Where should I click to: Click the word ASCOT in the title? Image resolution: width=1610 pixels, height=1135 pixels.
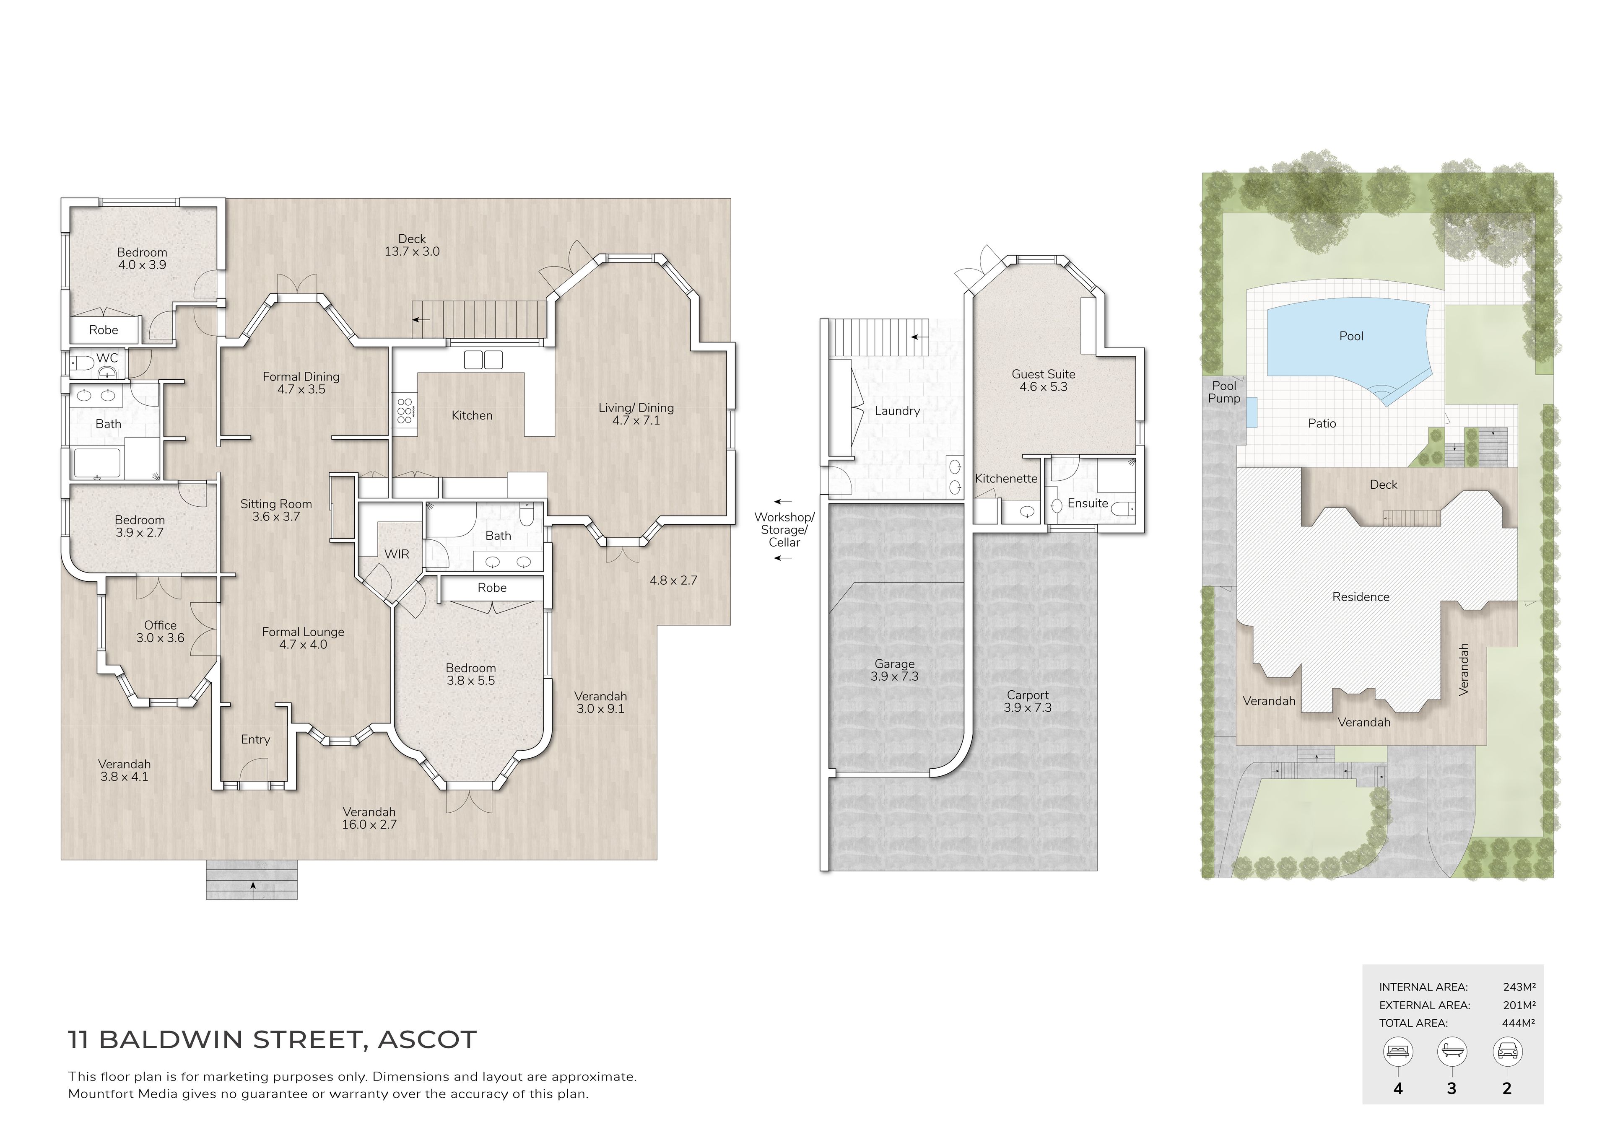[427, 1040]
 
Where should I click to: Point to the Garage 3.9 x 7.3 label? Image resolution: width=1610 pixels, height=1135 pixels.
[894, 670]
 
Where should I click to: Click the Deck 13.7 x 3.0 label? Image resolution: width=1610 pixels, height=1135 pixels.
[412, 245]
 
